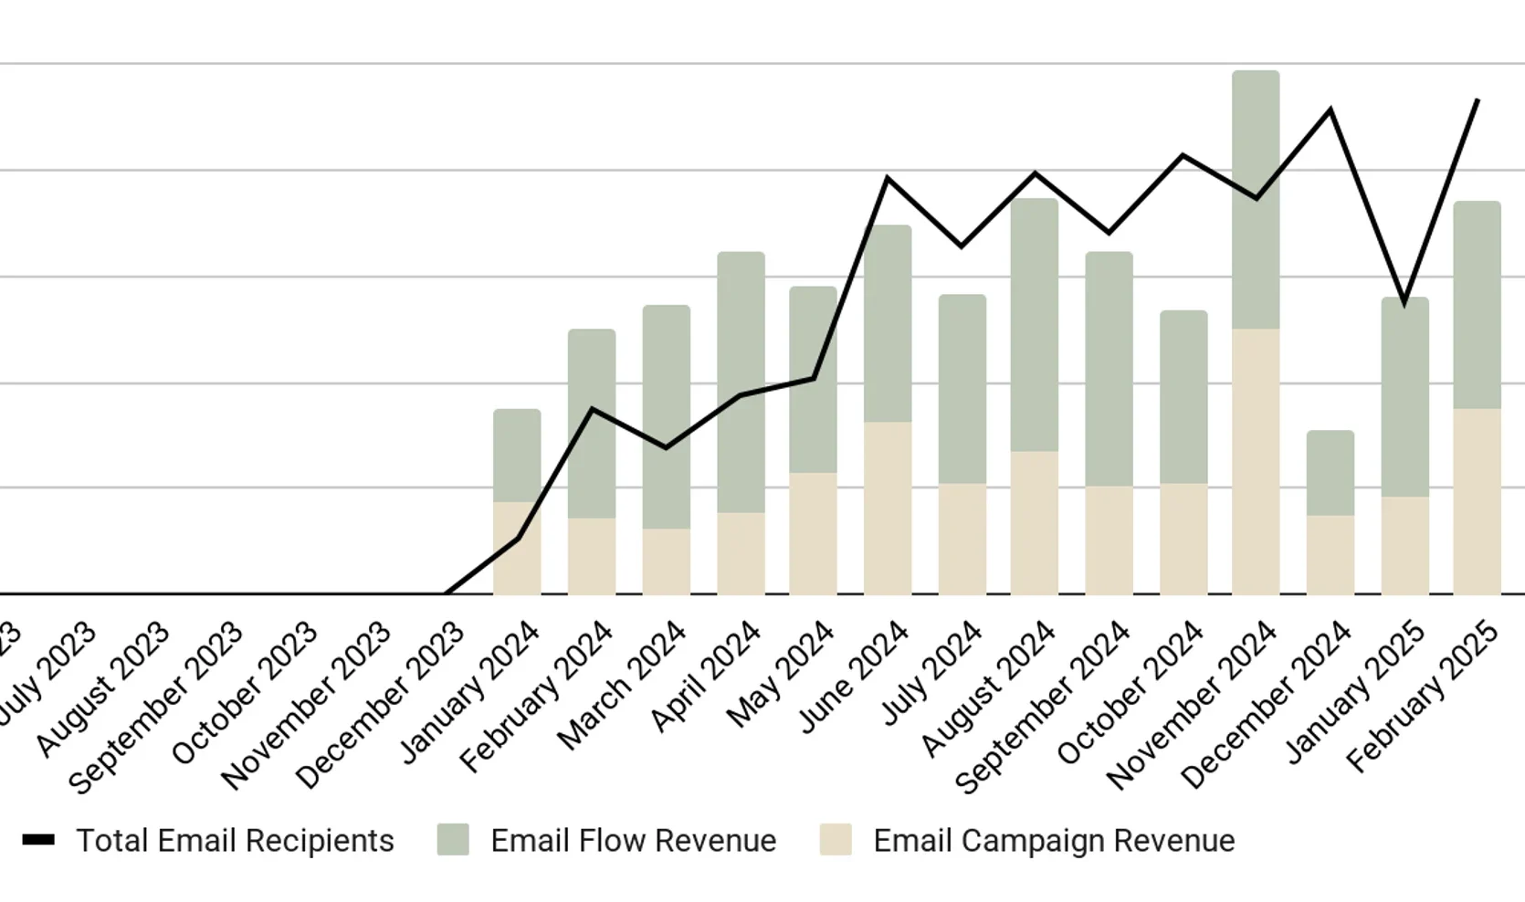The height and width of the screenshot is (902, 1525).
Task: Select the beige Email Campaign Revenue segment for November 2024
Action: (x=1256, y=461)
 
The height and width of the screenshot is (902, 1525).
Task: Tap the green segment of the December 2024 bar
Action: (x=1330, y=473)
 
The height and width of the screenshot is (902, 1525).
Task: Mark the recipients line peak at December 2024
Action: (x=1330, y=110)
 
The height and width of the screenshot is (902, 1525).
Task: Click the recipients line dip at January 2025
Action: (x=1404, y=301)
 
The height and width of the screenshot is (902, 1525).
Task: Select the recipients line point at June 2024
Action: (x=888, y=179)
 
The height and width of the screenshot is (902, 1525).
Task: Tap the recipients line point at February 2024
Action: (x=592, y=410)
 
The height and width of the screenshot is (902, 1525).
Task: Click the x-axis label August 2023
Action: (x=103, y=689)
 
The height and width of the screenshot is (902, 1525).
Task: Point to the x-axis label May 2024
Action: (x=782, y=674)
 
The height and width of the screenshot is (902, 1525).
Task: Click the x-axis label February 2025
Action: (x=1423, y=696)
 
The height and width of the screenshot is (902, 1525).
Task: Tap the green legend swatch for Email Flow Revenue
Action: (x=453, y=840)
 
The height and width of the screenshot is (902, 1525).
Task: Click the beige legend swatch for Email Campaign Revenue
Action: (x=836, y=840)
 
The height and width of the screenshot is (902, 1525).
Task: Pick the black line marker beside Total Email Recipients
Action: (x=38, y=840)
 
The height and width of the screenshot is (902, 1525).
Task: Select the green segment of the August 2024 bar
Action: (x=1035, y=324)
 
